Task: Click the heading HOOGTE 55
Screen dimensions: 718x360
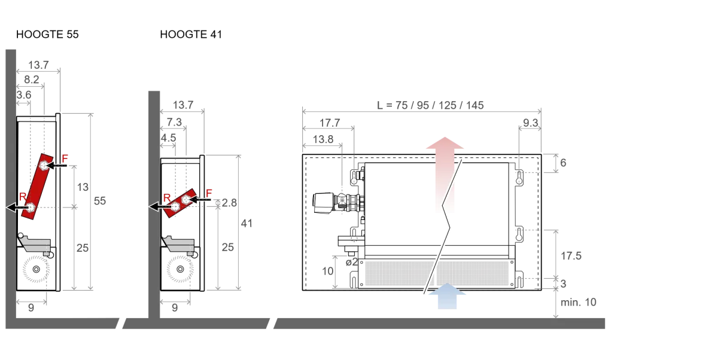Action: pos(47,34)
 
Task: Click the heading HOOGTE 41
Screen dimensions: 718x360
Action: pos(191,34)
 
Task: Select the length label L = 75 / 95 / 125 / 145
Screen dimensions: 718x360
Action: pos(430,105)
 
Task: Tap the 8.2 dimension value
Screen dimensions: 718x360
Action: pos(31,80)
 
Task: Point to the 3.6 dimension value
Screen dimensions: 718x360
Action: pos(24,95)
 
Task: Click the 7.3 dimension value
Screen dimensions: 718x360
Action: pos(174,122)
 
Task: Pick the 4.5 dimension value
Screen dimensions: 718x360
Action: pos(168,138)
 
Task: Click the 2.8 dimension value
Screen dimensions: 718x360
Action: pos(229,203)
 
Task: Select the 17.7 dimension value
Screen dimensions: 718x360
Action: pos(330,123)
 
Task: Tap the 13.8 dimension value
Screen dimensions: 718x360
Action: pos(323,139)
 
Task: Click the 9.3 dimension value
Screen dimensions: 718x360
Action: pos(531,123)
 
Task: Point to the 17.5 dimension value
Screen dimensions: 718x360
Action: pos(571,256)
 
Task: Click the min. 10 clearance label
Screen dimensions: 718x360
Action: pos(578,302)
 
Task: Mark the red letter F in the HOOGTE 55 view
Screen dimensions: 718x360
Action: pos(65,158)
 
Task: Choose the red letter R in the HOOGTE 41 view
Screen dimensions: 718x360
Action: pos(167,197)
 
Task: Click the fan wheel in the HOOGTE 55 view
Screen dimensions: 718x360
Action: pos(36,269)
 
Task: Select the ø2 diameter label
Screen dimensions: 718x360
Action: pos(352,263)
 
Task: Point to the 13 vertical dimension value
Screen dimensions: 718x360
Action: pos(83,187)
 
